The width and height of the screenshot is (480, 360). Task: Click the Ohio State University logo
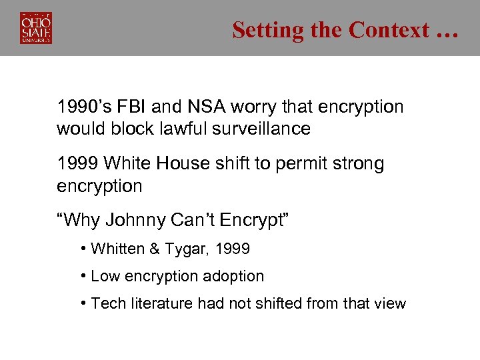[36, 28]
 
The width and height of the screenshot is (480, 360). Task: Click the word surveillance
[261, 129]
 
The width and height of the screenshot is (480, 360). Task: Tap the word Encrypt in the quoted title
[253, 221]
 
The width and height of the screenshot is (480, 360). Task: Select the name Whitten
[117, 249]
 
